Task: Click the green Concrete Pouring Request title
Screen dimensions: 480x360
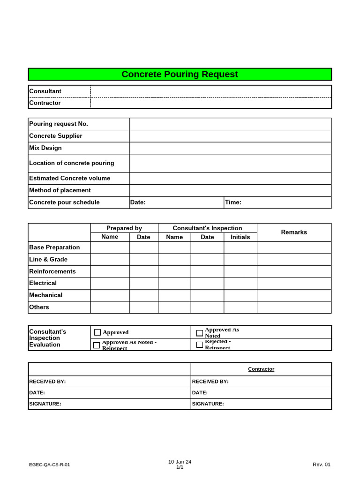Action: (180, 75)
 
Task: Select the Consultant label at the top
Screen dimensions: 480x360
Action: (45, 91)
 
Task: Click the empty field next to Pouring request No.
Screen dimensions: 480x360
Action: (230, 124)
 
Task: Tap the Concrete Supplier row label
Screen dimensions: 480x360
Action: (56, 136)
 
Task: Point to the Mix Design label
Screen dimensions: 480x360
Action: (45, 148)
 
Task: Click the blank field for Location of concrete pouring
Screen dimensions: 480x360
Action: (230, 163)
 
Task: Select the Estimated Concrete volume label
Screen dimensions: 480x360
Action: (70, 178)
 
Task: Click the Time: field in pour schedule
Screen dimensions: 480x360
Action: (277, 202)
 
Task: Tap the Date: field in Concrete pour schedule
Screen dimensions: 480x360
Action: (177, 202)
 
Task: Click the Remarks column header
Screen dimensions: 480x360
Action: (294, 232)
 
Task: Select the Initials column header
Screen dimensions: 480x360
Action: (240, 237)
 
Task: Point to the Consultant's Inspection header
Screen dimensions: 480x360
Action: (207, 228)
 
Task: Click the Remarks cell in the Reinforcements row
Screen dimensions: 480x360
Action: (294, 271)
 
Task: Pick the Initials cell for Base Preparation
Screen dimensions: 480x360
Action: (240, 247)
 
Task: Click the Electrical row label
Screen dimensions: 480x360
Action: (43, 283)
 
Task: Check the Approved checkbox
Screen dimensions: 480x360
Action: (97, 332)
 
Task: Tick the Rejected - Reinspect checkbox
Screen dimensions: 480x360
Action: (200, 345)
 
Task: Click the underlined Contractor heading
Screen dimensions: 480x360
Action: (261, 369)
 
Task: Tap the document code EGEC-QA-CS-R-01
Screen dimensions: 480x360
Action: (50, 465)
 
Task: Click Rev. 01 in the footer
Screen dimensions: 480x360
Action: (322, 465)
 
